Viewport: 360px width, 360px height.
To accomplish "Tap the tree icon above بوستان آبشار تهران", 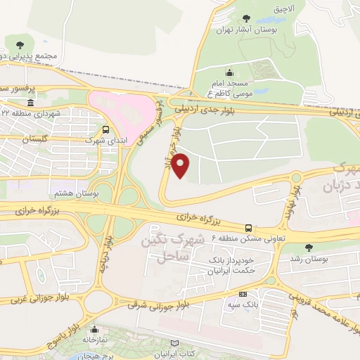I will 245,18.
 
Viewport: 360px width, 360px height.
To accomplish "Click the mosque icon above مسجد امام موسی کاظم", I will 229,72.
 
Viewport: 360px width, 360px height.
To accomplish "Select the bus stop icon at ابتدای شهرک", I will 105,129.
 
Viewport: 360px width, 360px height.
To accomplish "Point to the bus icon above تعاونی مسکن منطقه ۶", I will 248,227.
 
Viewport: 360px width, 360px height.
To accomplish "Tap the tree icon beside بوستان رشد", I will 309,247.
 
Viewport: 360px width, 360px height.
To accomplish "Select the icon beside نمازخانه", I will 97,327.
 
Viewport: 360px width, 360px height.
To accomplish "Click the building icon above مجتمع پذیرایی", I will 29,44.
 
